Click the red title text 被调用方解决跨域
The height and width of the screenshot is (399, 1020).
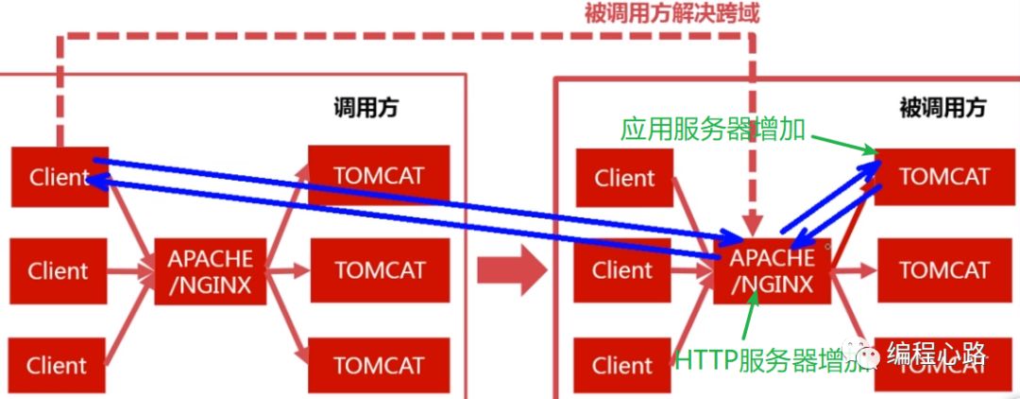tap(671, 13)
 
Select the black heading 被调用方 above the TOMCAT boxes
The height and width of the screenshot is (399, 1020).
tap(942, 108)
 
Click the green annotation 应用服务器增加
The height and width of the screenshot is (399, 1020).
tap(713, 130)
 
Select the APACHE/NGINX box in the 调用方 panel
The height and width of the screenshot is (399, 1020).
tap(211, 272)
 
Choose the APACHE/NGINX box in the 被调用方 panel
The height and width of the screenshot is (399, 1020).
tap(773, 271)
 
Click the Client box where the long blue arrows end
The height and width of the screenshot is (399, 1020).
tap(59, 177)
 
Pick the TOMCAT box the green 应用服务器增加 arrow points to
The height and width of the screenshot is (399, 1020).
tap(943, 177)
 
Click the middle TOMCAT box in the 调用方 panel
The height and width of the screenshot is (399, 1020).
tap(378, 270)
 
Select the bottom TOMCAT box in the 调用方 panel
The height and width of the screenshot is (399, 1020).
tap(378, 365)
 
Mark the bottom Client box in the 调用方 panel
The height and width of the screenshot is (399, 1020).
tap(57, 366)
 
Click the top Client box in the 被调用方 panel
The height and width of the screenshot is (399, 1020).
tap(623, 178)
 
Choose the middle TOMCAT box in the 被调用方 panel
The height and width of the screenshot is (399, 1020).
tap(943, 270)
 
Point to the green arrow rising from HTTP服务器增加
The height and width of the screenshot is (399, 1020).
tap(748, 318)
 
